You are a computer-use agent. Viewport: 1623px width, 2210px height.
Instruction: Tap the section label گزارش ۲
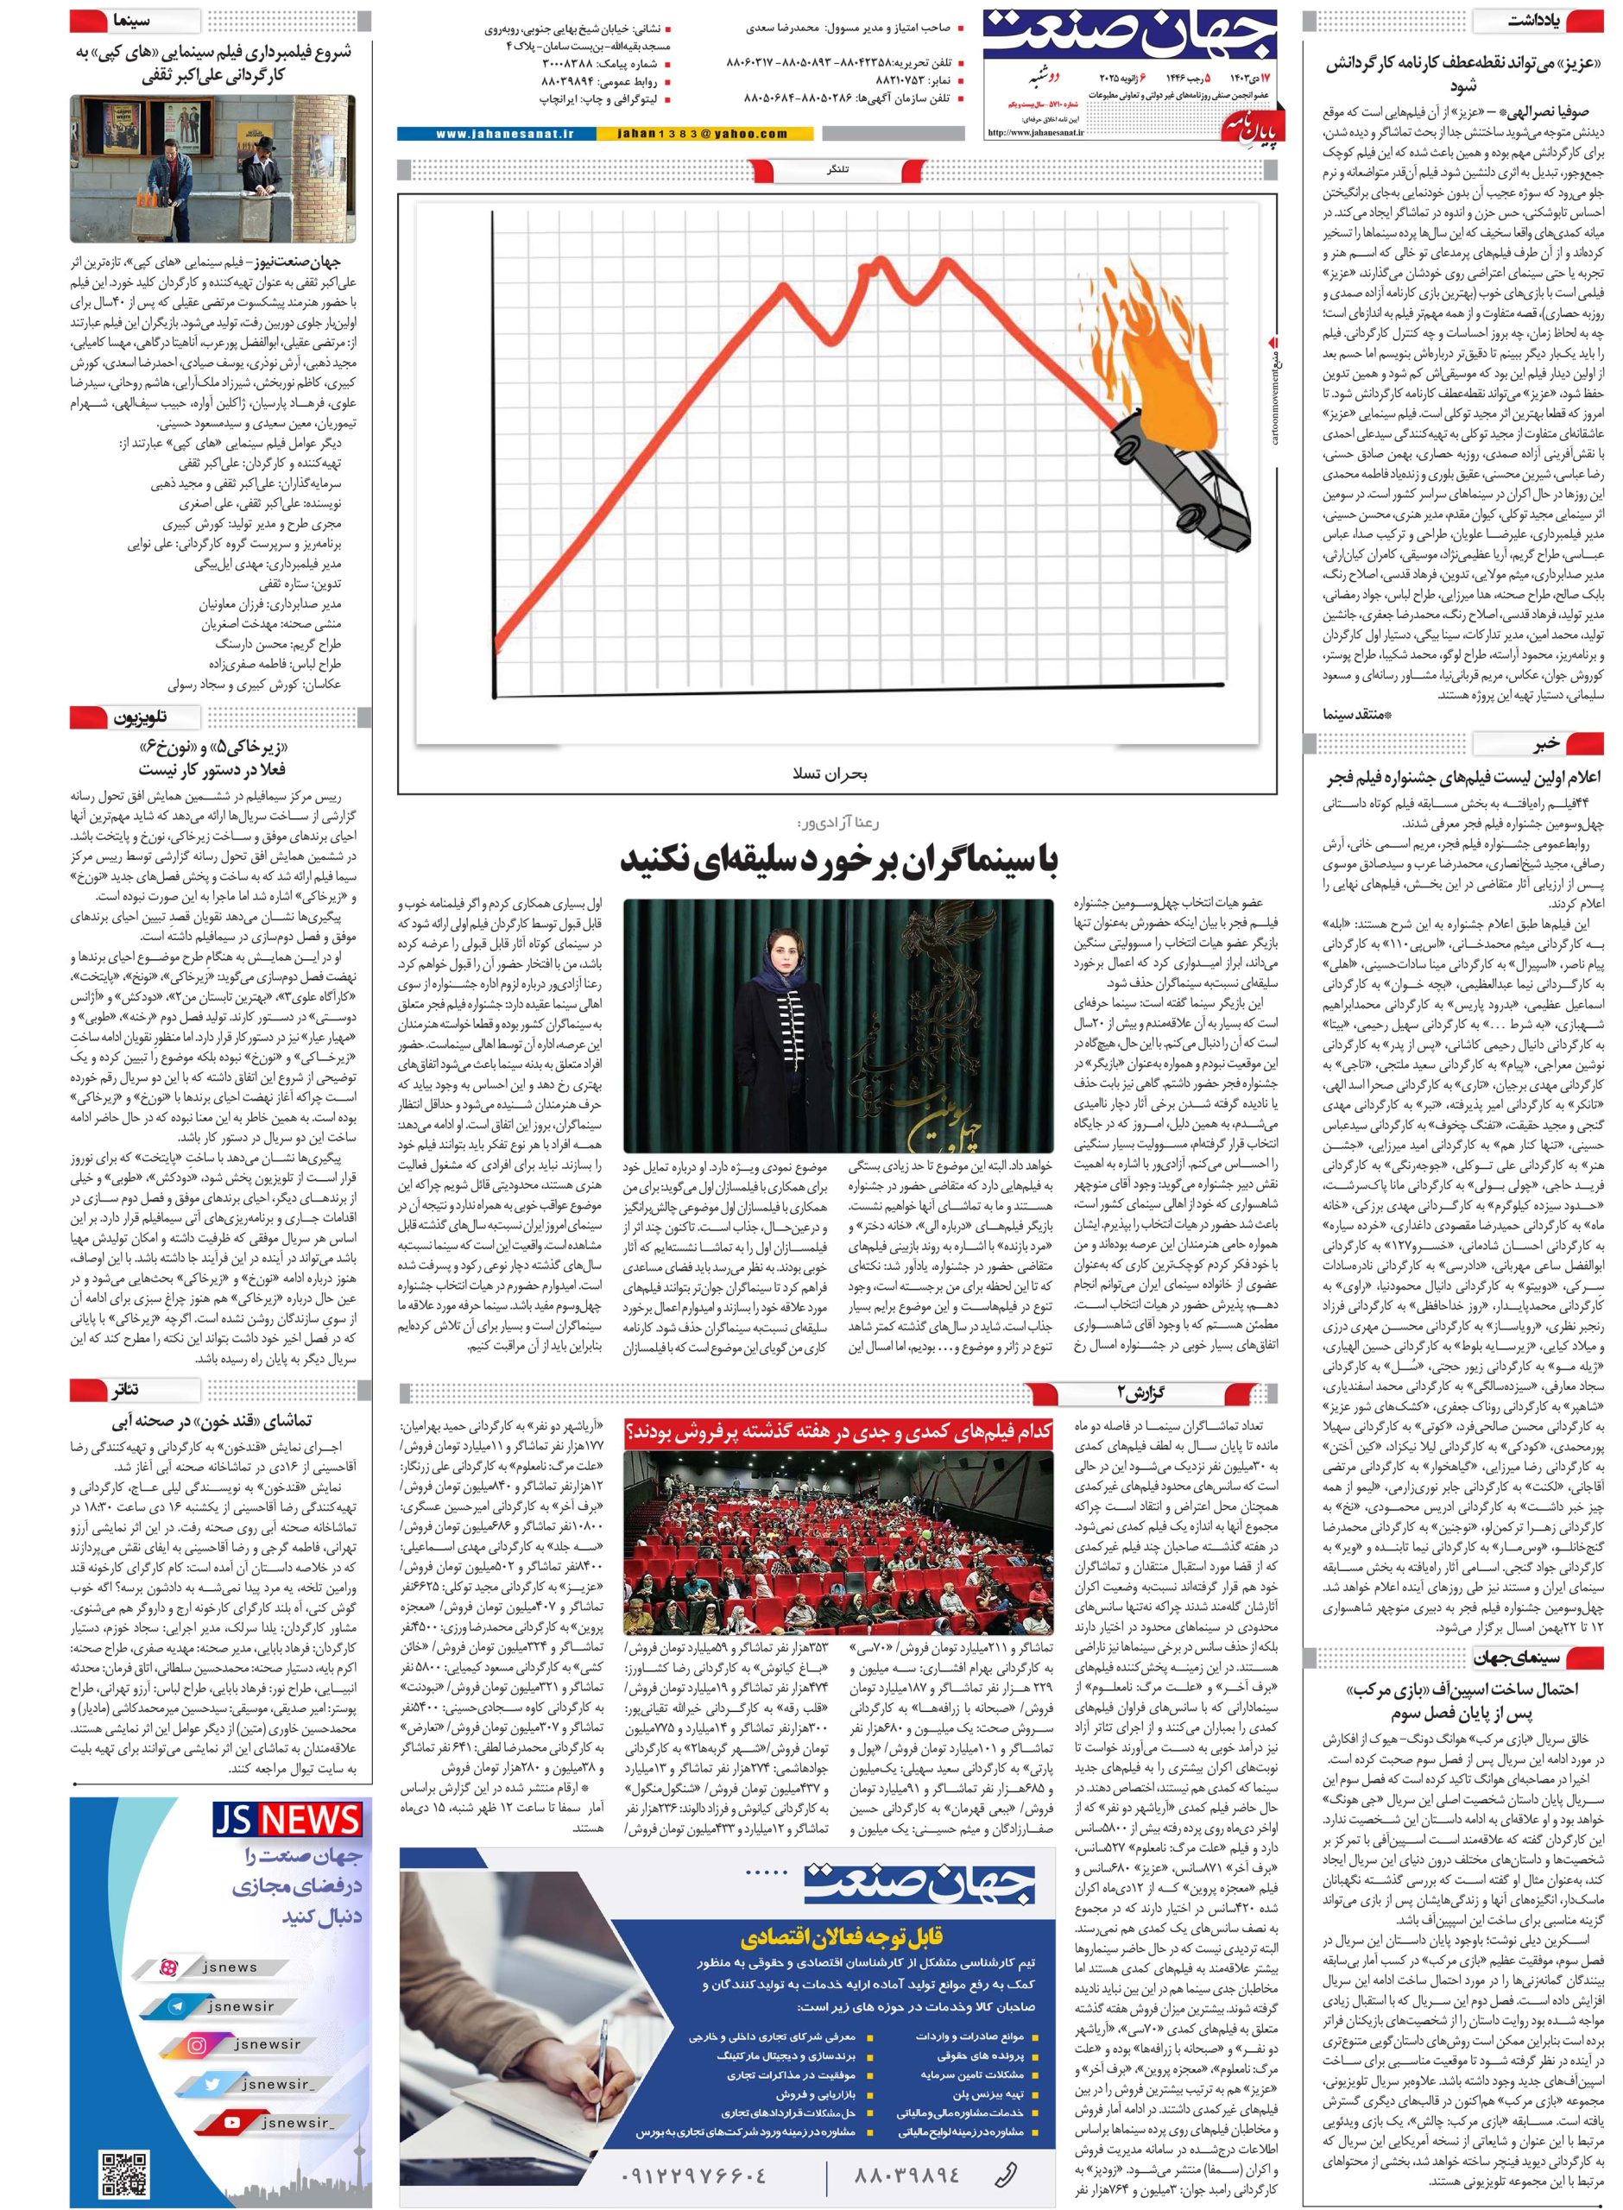tap(1140, 1392)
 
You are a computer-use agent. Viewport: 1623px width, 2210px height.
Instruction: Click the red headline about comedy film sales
tap(838, 1433)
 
